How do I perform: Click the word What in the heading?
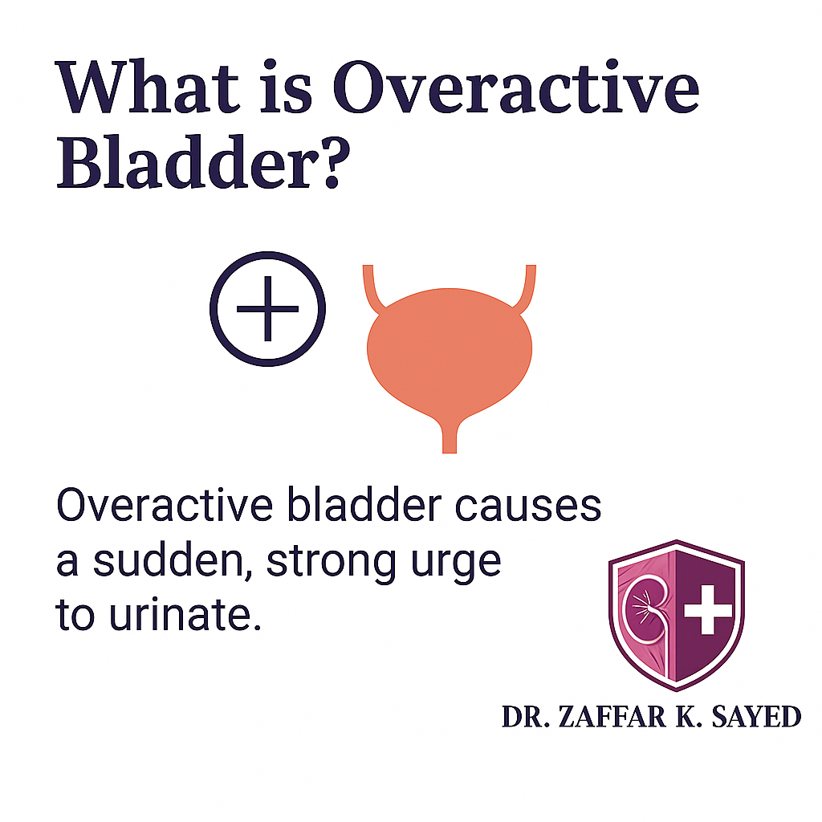tap(148, 87)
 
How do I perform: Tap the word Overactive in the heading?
tap(516, 87)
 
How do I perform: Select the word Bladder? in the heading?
tap(203, 161)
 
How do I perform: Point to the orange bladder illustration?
tap(450, 352)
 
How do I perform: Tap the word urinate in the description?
tap(185, 614)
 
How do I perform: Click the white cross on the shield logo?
tap(708, 610)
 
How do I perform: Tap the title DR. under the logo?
tap(525, 717)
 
